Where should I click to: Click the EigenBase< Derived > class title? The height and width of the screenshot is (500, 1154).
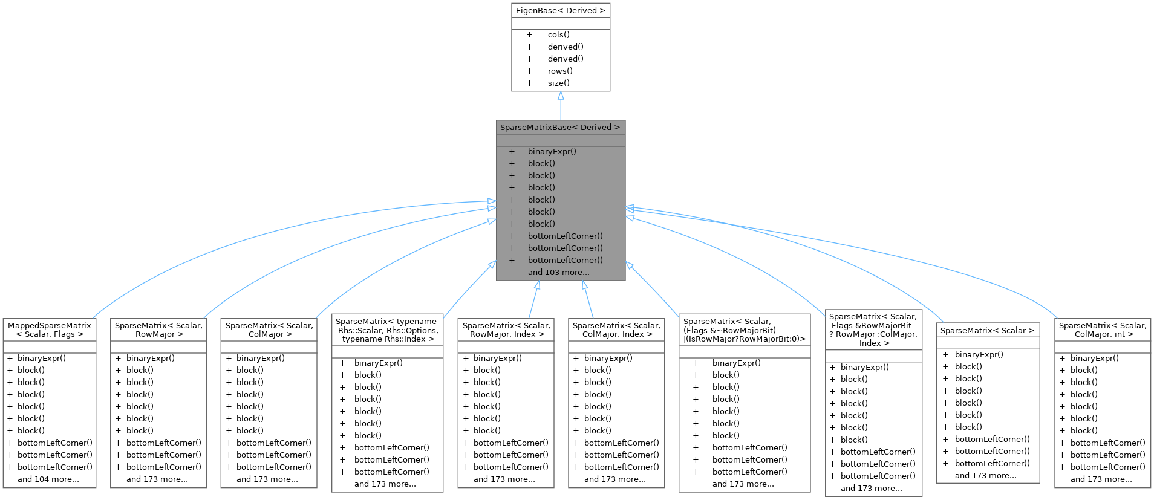(x=560, y=10)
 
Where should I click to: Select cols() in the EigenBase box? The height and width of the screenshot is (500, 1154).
(x=558, y=34)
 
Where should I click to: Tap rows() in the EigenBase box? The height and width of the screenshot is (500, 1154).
(x=560, y=71)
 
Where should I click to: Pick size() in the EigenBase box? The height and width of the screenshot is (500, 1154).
(x=558, y=83)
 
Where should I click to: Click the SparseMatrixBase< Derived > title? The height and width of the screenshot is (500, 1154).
(x=560, y=127)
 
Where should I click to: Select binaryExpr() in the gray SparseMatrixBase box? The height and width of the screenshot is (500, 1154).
(x=552, y=151)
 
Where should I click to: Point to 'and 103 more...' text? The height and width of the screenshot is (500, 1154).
(x=558, y=272)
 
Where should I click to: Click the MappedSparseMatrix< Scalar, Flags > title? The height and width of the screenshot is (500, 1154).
(x=50, y=330)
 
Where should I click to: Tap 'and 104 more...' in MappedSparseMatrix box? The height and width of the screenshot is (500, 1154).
(x=48, y=479)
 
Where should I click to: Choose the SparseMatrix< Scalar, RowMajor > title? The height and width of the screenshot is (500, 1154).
(x=158, y=330)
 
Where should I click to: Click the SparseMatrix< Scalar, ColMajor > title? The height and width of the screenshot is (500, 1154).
(x=269, y=330)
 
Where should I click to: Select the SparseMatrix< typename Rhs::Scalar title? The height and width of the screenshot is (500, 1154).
(x=387, y=330)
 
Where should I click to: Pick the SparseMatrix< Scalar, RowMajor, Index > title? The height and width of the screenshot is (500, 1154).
(x=506, y=330)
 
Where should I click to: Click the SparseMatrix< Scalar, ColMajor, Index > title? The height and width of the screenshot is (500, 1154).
(x=616, y=330)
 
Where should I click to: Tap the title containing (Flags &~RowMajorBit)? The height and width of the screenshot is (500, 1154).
(x=744, y=330)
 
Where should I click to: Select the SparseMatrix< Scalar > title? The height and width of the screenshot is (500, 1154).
(x=987, y=330)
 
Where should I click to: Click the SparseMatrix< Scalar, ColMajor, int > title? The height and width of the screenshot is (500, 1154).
(x=1103, y=330)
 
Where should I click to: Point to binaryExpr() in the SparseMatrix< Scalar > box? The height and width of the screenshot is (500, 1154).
(x=979, y=354)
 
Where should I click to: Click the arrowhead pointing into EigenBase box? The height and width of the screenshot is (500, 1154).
(x=561, y=96)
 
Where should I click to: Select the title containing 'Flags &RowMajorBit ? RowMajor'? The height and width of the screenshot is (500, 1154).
(x=873, y=330)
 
